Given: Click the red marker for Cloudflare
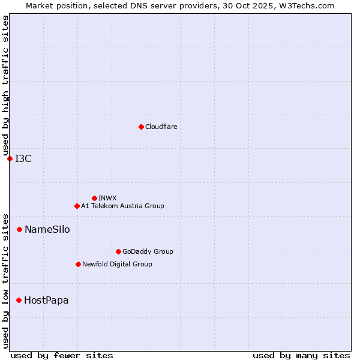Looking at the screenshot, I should click(141, 127).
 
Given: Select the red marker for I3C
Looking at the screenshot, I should click(10, 158).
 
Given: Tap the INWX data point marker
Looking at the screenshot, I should click(94, 198).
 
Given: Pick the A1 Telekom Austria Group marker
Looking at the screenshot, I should click(77, 206).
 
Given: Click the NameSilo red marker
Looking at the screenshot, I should click(19, 229).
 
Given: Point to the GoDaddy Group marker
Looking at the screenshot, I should click(118, 251).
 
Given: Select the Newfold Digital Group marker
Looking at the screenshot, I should click(78, 264).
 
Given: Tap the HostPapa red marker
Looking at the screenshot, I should click(19, 300).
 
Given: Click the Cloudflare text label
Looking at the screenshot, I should click(161, 127).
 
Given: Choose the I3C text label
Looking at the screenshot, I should click(23, 158).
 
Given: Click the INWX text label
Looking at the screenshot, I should click(108, 198).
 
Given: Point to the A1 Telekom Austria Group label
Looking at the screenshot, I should click(122, 206).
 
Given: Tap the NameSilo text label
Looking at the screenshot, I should click(47, 229).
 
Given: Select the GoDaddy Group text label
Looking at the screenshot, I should click(148, 251).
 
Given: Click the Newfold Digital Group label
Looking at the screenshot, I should click(117, 264).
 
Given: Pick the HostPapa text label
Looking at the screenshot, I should click(46, 300).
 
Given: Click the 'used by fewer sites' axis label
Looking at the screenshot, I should click(62, 355).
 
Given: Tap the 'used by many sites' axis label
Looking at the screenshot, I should click(301, 355).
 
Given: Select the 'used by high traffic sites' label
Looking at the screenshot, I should click(5, 85).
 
